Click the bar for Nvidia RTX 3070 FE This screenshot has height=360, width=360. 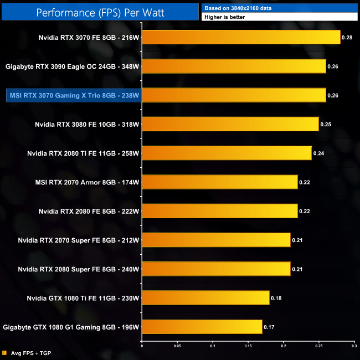pos(241,37)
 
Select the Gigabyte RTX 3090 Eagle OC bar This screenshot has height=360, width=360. pos(234,66)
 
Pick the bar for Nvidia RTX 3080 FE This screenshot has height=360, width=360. pos(230,124)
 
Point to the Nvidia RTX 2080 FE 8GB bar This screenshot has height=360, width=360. pos(220,211)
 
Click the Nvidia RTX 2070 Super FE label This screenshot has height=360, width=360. pos(78,240)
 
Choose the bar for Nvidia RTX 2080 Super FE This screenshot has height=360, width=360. pos(216,269)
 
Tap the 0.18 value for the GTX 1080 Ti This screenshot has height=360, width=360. pos(276,298)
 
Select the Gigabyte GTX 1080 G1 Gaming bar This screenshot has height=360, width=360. pos(202,327)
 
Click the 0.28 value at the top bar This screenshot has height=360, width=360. pos(347,38)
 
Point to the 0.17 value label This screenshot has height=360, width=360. pos(269,327)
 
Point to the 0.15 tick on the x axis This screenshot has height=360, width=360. pos(248,346)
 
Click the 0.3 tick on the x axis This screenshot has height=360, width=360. pos(354,346)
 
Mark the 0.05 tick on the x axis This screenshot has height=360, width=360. pos(177,346)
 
